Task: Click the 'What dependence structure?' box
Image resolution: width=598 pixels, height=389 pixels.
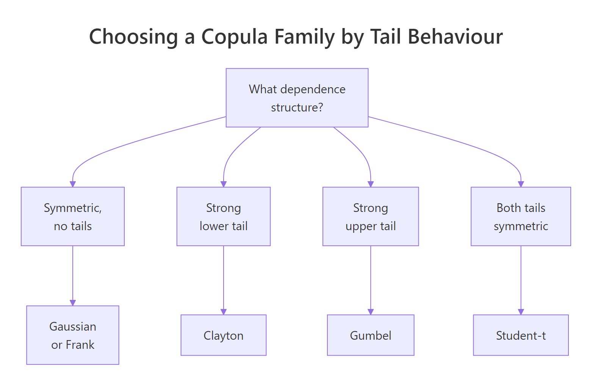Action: coord(297,98)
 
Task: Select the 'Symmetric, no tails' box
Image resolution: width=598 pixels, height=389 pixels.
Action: coord(73,216)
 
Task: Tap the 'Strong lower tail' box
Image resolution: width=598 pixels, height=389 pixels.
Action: coord(223,216)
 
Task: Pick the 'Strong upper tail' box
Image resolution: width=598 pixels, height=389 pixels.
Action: coord(370,216)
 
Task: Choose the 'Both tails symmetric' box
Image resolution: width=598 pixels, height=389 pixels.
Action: coord(521,216)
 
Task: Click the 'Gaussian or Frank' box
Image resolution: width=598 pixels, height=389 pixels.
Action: coord(73,335)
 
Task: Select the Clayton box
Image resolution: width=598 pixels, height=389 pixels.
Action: coord(223,335)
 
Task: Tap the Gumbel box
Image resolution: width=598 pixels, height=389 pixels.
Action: coord(370,335)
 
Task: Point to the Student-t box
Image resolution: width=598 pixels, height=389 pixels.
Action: coord(521,335)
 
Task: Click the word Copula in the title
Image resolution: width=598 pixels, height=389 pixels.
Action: coord(235,37)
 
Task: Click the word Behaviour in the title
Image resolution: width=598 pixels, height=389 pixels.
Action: coord(455,37)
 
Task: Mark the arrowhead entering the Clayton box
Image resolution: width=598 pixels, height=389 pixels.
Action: coord(224,312)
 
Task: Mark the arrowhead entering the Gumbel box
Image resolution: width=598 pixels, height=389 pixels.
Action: coord(371,312)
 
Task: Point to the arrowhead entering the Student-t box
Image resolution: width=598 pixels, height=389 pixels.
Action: coord(521,312)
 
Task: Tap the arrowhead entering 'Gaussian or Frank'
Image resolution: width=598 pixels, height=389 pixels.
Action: coord(73,303)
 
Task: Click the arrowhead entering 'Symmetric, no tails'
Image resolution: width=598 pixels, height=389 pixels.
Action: coord(73,184)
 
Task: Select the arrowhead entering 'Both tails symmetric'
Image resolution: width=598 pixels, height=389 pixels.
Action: coord(521,184)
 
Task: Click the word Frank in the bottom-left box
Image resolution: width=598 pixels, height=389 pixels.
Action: coord(80,345)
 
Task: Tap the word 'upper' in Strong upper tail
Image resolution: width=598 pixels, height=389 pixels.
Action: coord(361,226)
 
